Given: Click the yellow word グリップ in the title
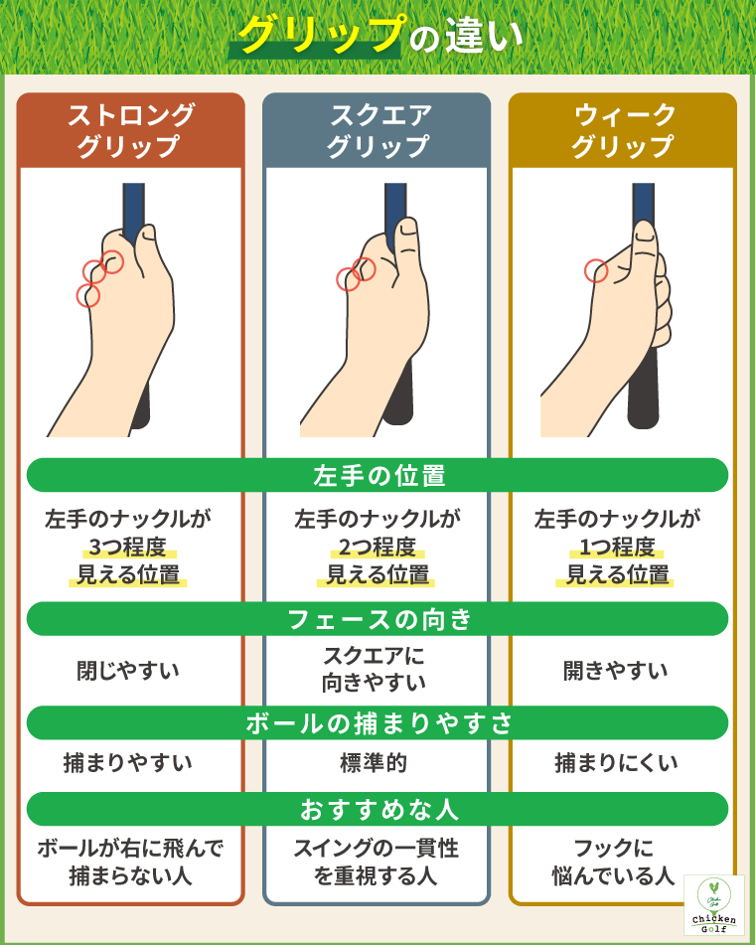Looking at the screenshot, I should tap(319, 36).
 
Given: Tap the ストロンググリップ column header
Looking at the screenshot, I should tap(130, 130).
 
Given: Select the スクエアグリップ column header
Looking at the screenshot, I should tap(378, 130).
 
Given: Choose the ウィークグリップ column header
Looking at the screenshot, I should tap(623, 130).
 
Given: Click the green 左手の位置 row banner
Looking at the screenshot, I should tap(378, 475).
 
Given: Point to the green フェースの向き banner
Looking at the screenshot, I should tap(378, 619).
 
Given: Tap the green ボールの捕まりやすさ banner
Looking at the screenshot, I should tap(378, 722).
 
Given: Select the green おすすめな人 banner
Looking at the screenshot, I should tap(378, 809).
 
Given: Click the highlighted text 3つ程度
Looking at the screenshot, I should tap(129, 547).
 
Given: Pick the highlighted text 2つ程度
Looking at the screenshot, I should tap(378, 547).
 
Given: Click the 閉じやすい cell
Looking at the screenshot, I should tap(129, 671).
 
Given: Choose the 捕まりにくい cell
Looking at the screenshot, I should tap(616, 763).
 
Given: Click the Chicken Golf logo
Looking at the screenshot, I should tap(714, 904).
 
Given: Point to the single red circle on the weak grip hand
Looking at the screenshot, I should tap(596, 270).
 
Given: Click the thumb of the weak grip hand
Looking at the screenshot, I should tap(646, 243).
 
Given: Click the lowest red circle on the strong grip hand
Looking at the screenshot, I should tap(88, 295).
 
